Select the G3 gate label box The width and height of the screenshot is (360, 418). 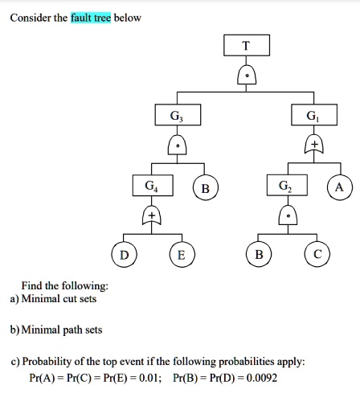point(176,115)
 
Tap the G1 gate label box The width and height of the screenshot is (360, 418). point(312,115)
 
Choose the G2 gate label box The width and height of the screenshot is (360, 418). point(285,186)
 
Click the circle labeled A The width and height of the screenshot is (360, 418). point(339,187)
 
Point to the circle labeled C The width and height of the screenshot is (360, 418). point(317,256)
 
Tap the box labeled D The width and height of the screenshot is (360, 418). point(123,256)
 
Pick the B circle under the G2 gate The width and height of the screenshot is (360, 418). point(257,256)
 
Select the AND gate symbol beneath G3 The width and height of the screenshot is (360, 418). point(176,145)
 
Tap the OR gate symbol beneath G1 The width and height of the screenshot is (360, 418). point(313,145)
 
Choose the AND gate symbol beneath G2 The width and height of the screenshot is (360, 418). point(286,215)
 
